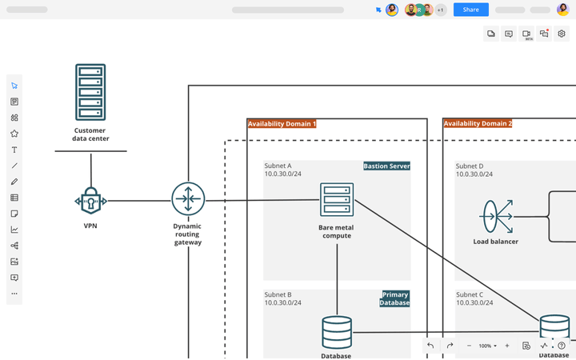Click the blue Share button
click(x=470, y=10)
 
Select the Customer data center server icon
click(x=90, y=92)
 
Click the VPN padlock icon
click(x=90, y=201)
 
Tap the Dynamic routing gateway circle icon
click(x=188, y=199)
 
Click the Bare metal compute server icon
click(x=336, y=199)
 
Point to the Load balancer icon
click(x=496, y=216)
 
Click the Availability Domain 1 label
click(x=282, y=124)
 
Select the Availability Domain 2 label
click(x=478, y=124)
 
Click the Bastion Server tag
click(x=386, y=166)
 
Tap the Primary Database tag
click(x=395, y=298)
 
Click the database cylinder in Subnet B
click(x=336, y=332)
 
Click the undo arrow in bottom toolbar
click(x=430, y=346)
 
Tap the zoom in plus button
click(x=506, y=346)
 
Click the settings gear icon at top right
click(x=562, y=34)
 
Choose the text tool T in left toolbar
click(x=14, y=150)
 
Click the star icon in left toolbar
click(x=14, y=134)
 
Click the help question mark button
click(x=562, y=346)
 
